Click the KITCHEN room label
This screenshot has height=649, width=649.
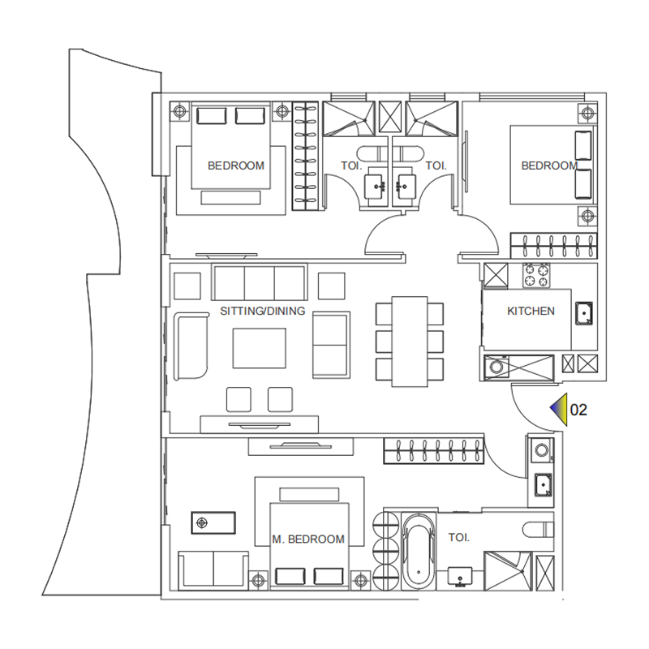pyautogui.click(x=531, y=311)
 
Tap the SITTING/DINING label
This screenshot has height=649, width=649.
pyautogui.click(x=262, y=311)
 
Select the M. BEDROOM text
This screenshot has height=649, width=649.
pyautogui.click(x=308, y=539)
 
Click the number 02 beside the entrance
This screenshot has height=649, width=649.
pyautogui.click(x=578, y=410)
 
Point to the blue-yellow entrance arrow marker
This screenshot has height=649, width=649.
pyautogui.click(x=559, y=410)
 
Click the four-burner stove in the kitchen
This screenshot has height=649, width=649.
pyautogui.click(x=536, y=276)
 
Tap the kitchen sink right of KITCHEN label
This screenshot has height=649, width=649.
pyautogui.click(x=584, y=313)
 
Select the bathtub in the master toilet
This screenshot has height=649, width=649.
pyautogui.click(x=419, y=551)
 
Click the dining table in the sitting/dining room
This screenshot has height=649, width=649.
pyautogui.click(x=410, y=342)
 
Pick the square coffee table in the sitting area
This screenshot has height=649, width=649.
pyautogui.click(x=259, y=348)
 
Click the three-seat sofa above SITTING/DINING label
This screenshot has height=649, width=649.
pyautogui.click(x=260, y=282)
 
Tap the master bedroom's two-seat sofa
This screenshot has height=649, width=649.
pyautogui.click(x=213, y=570)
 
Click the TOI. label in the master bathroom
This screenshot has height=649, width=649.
pyautogui.click(x=459, y=537)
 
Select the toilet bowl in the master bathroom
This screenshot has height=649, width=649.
pyautogui.click(x=538, y=530)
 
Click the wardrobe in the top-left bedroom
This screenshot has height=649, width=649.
pyautogui.click(x=306, y=156)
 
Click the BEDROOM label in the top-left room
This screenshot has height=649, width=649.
pyautogui.click(x=236, y=165)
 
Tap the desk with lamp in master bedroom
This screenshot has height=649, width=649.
pyautogui.click(x=213, y=522)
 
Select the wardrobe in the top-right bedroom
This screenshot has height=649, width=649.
pyautogui.click(x=553, y=246)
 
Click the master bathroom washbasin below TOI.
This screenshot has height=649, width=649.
pyautogui.click(x=460, y=577)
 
